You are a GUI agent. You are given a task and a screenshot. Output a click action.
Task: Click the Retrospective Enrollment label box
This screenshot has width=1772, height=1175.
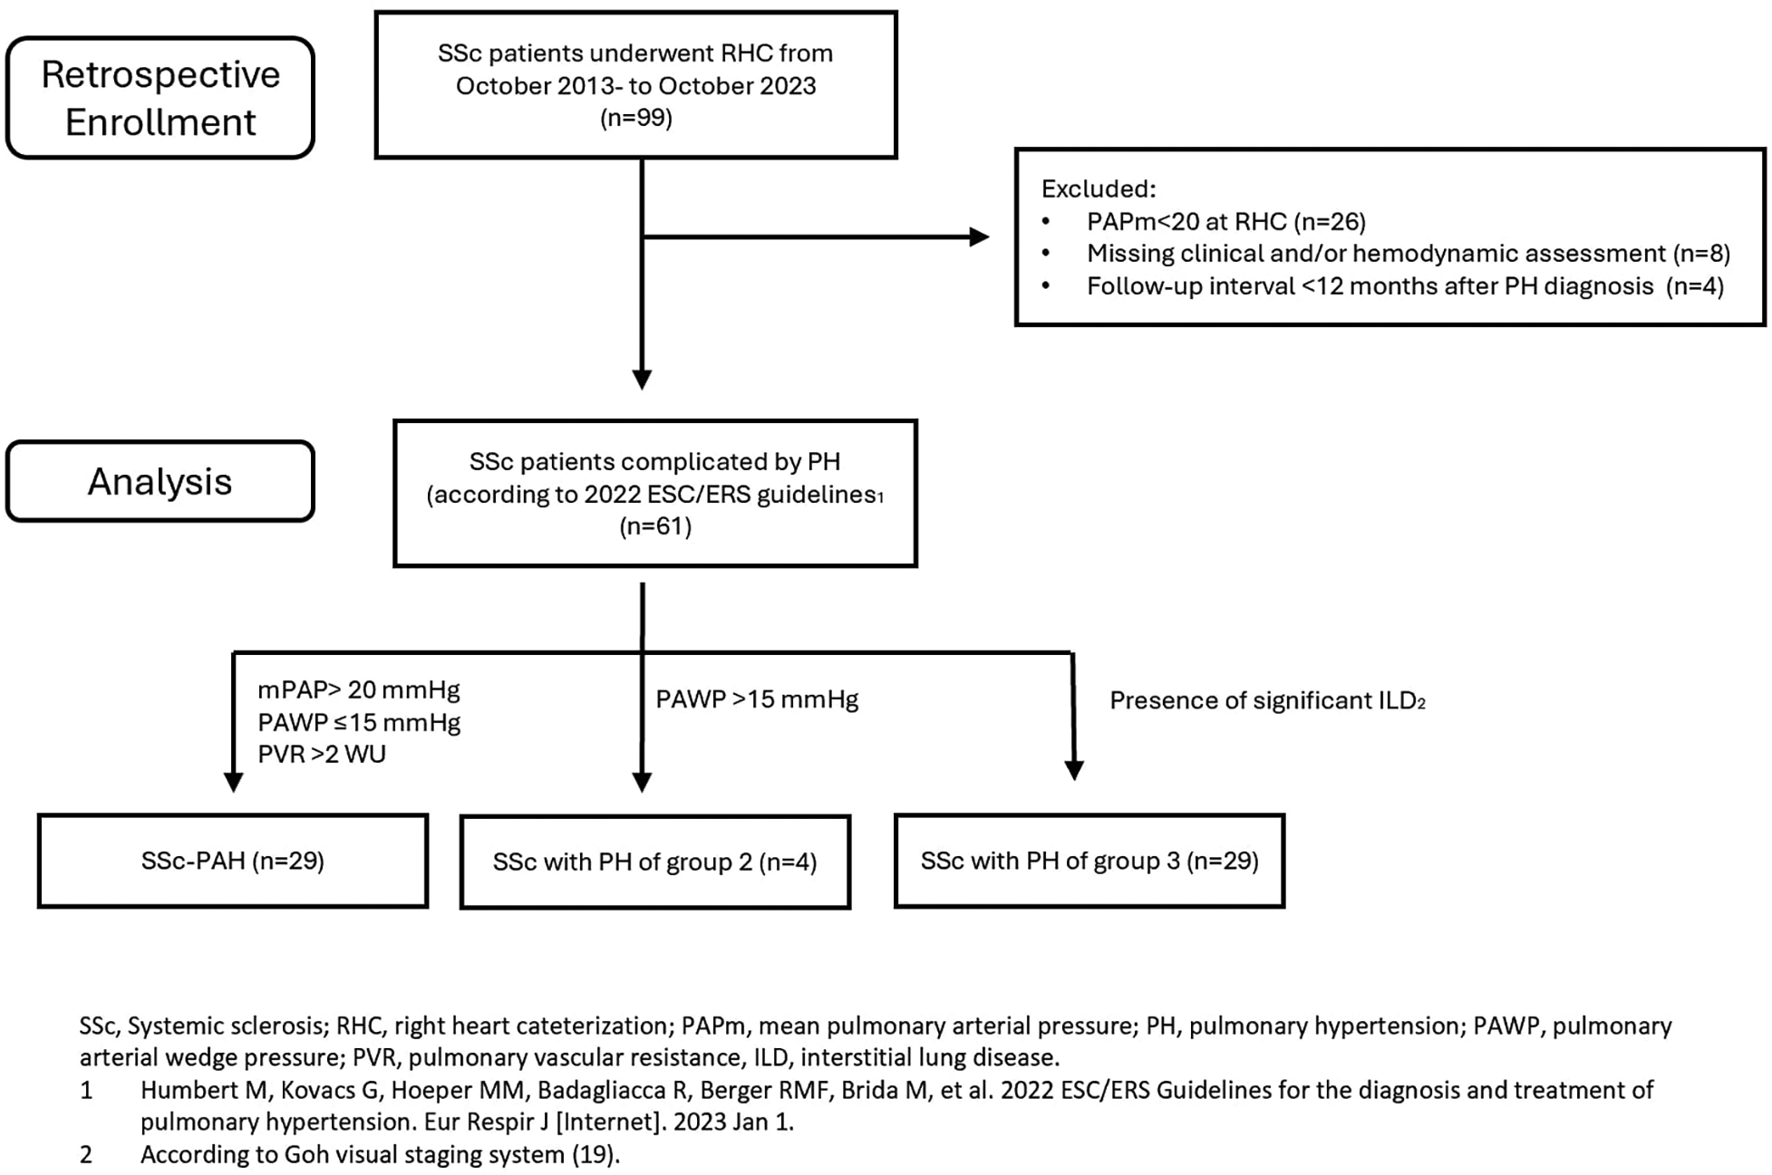coord(160,98)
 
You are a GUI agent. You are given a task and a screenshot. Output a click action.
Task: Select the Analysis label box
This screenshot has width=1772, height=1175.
coord(160,481)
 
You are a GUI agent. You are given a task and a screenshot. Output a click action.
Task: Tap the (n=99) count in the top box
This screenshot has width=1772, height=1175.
coord(635,118)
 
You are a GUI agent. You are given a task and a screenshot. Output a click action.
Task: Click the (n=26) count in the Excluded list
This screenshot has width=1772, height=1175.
coord(1330,221)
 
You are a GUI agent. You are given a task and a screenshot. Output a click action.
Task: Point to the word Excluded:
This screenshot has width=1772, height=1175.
coord(1099,188)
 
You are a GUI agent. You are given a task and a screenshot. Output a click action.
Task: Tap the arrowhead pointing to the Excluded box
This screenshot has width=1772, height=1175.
coord(979,237)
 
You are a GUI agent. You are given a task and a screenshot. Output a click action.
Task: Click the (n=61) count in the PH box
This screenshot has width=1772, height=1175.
coord(655,526)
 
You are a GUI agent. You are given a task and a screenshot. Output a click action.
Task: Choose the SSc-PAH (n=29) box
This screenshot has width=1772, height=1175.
coord(233,861)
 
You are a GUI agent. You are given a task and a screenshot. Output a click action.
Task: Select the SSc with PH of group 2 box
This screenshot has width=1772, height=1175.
coord(654,862)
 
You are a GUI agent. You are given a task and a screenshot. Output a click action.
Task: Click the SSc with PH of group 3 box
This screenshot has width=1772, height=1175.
coord(1089,861)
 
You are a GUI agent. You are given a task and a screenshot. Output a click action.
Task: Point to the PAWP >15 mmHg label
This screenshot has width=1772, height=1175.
coord(757,699)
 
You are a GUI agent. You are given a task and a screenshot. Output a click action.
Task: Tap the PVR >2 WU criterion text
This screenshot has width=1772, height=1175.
coord(322,754)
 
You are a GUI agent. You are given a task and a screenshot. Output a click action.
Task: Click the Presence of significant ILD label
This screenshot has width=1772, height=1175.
coord(1266,700)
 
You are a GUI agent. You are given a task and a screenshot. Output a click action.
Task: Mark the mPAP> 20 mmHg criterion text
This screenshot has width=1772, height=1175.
coord(359,690)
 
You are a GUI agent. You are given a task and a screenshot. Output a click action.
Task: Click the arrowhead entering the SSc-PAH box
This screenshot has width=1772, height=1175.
coord(233,783)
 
